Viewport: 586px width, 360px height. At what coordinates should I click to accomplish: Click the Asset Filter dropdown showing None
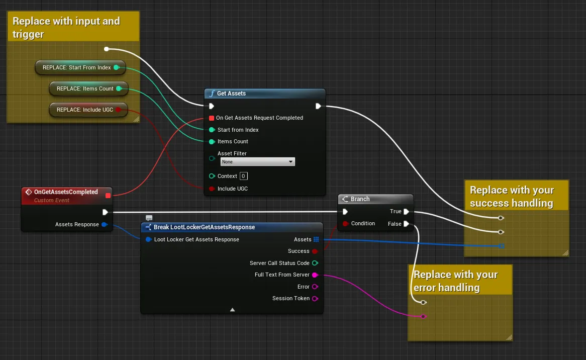coord(257,161)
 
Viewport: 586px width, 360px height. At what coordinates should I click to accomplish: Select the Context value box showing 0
coord(243,176)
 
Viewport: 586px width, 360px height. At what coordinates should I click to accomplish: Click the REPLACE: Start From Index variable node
coord(80,68)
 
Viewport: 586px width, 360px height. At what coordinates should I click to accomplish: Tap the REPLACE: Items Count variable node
coord(88,88)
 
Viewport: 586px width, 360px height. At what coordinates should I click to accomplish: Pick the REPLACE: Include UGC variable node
coord(88,110)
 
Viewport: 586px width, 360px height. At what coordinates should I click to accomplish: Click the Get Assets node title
coord(231,94)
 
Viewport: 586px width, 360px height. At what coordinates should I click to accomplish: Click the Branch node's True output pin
coord(406,212)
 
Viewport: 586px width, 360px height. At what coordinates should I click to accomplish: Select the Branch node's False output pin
coord(406,224)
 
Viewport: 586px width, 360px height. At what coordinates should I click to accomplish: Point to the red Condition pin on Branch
coord(345,224)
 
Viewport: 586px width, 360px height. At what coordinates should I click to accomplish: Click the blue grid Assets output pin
coord(316,239)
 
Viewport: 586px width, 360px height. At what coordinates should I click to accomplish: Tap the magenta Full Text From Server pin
coord(315,275)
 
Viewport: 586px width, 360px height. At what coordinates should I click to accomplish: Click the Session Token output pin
coord(315,298)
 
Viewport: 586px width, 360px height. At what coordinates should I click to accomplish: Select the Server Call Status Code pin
coord(315,263)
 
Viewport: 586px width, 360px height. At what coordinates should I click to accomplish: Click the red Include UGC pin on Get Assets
coord(212,189)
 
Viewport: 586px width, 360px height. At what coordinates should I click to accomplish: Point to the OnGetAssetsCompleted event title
coord(66,192)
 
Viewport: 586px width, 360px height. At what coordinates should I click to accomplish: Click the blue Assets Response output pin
coord(104,224)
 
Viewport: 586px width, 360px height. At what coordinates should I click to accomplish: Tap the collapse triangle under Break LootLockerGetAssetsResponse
coord(233,310)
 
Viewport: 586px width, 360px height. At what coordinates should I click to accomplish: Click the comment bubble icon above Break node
coord(149,218)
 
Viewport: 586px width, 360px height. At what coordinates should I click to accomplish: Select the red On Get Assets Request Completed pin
coord(212,118)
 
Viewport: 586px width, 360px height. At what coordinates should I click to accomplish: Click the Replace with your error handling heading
coord(455,281)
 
